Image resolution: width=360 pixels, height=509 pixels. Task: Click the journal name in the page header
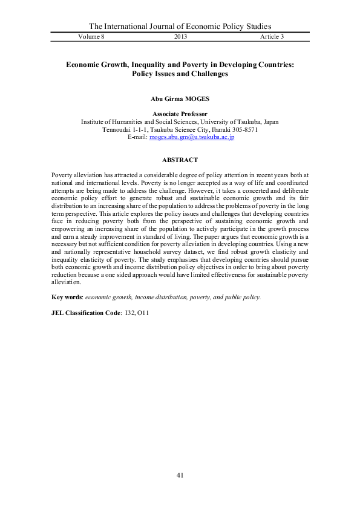(180, 26)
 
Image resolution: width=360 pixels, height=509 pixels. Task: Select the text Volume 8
(92, 37)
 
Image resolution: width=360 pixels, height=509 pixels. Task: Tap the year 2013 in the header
(180, 37)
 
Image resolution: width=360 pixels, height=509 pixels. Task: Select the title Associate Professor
(180, 114)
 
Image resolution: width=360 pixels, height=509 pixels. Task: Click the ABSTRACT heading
(180, 160)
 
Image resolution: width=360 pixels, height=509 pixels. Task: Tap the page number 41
(180, 475)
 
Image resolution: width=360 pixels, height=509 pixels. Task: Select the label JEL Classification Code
(86, 314)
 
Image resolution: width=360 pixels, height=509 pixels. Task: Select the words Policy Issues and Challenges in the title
(180, 74)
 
